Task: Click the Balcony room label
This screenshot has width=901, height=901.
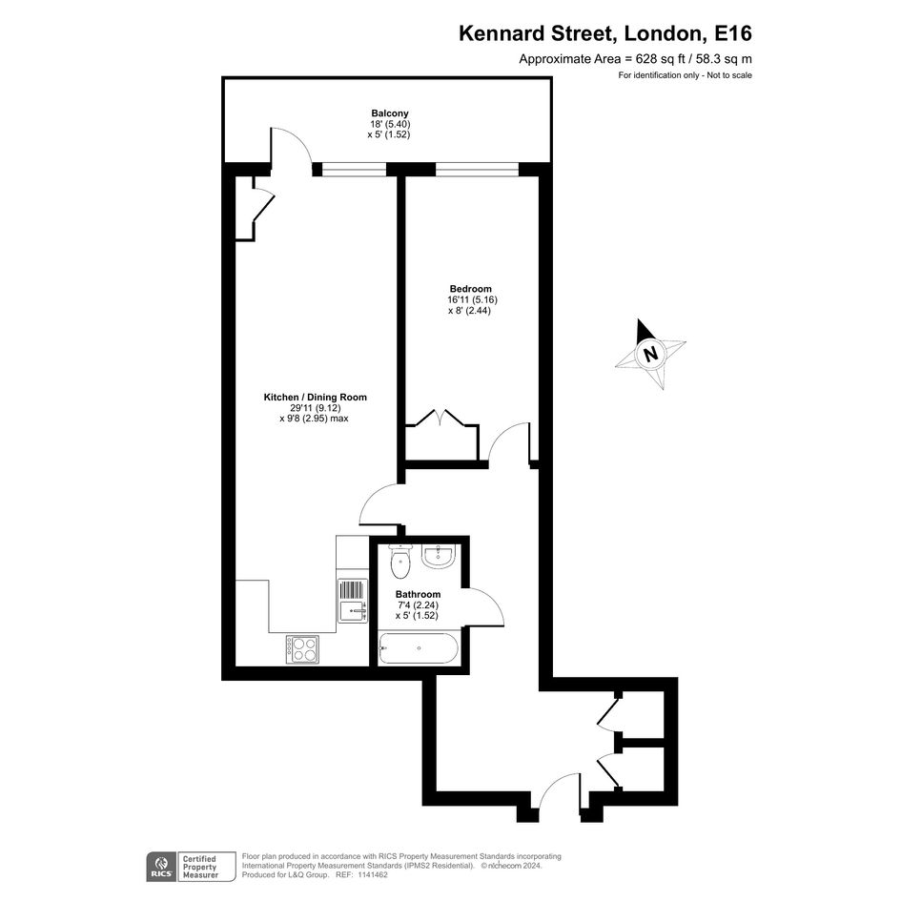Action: (390, 113)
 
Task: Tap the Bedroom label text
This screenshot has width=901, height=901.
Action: (471, 289)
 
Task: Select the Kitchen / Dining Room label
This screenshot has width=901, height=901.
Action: (315, 397)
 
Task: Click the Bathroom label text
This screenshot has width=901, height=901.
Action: (418, 594)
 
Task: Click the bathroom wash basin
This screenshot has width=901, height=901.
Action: (439, 555)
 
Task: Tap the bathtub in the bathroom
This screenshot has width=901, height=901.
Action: (419, 648)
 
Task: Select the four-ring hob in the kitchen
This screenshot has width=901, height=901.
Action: (303, 649)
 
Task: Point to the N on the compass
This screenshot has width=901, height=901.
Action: (650, 353)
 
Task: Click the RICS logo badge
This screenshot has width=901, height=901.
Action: (161, 867)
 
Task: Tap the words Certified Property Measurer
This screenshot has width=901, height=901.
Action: (200, 867)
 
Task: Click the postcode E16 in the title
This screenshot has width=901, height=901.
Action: (732, 33)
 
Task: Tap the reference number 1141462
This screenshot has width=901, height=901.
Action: (372, 875)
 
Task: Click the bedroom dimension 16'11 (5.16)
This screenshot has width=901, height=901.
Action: (472, 299)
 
